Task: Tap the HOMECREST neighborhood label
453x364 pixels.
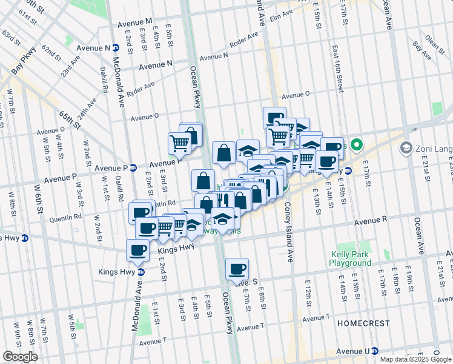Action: click(363, 323)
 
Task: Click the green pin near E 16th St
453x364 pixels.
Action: click(357, 145)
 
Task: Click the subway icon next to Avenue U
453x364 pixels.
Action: click(375, 351)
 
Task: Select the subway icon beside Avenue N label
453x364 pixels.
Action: click(115, 48)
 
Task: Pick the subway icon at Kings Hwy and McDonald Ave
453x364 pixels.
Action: click(141, 272)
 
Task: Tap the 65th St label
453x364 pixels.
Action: click(70, 120)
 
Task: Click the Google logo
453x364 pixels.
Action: click(20, 357)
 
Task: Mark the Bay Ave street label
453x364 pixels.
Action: click(421, 50)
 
